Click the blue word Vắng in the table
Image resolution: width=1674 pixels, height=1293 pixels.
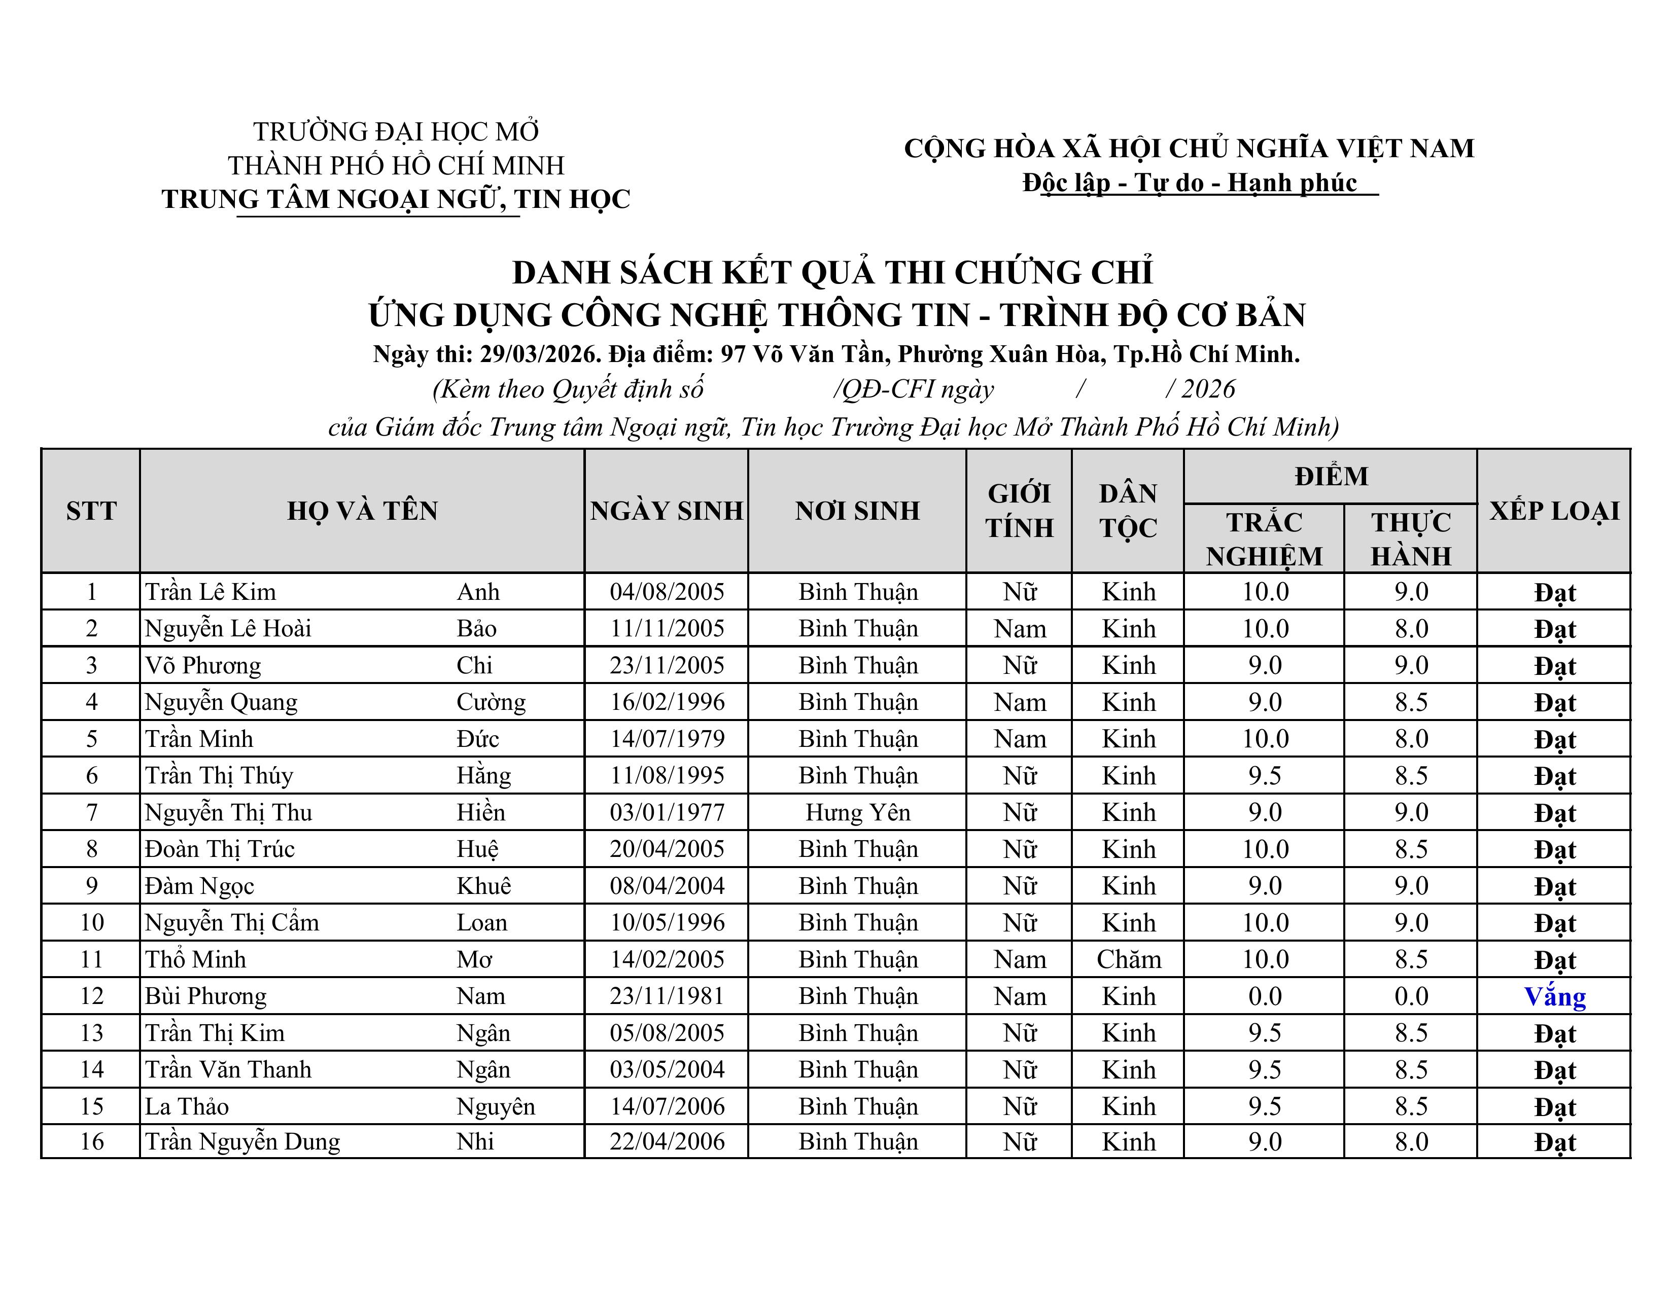[x=1554, y=996]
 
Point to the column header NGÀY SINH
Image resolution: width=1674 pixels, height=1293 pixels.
[x=667, y=511]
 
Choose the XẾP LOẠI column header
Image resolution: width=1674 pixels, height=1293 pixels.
[x=1554, y=511]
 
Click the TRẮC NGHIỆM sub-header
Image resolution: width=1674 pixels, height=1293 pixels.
[x=1264, y=538]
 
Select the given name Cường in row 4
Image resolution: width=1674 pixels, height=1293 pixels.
[x=491, y=702]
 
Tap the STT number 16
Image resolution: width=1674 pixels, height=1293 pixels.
[x=92, y=1141]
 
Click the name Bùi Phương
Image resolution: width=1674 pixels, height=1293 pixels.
[x=205, y=996]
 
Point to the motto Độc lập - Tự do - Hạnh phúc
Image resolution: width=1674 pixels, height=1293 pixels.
[x=1190, y=183]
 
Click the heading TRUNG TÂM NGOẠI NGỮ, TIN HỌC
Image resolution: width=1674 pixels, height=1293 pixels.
[x=396, y=199]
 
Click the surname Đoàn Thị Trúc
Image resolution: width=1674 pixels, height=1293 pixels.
[x=220, y=849]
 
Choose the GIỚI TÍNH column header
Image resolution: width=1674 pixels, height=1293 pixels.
[x=1020, y=511]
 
